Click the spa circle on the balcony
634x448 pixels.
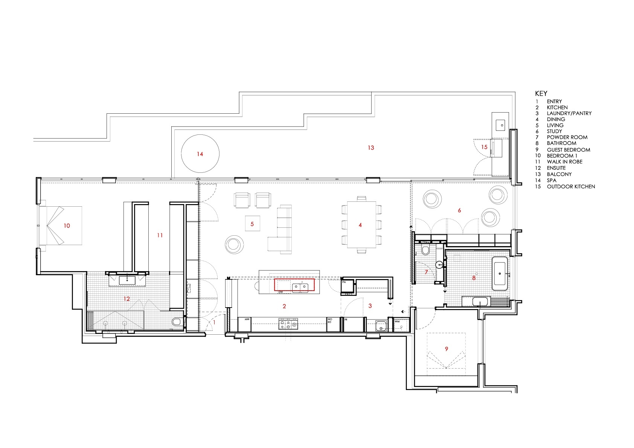(x=200, y=154)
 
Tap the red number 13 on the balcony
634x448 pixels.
(x=371, y=148)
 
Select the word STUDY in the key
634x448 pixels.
(x=554, y=131)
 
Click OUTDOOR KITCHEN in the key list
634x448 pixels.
(x=571, y=186)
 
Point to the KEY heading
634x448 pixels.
(x=541, y=93)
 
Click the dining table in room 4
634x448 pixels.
(x=361, y=225)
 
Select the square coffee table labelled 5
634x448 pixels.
(x=252, y=224)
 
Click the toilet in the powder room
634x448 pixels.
(x=425, y=250)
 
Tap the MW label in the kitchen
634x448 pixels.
(x=247, y=319)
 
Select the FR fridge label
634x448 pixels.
(x=346, y=319)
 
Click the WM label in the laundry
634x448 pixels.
(x=397, y=322)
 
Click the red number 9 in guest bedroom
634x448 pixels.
(x=447, y=349)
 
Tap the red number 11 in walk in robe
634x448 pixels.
(x=160, y=235)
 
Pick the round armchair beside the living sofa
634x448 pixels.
(x=234, y=244)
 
